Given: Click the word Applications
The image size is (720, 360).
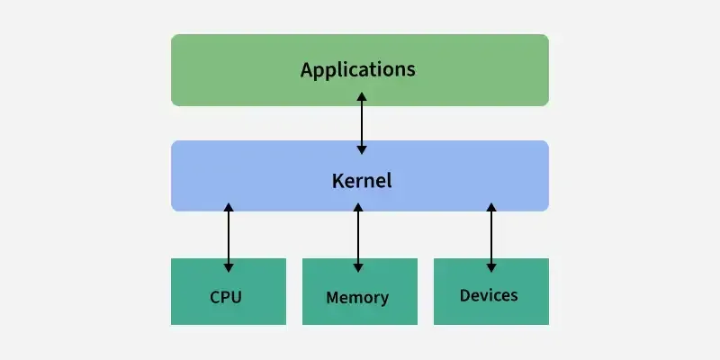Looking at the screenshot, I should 358,69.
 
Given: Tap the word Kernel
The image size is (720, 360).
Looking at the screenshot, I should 361,180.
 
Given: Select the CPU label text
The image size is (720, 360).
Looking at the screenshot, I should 226,297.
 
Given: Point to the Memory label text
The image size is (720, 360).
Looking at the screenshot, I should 357,297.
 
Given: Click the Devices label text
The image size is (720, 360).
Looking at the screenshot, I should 489,295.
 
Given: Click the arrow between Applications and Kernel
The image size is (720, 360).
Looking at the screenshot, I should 362,121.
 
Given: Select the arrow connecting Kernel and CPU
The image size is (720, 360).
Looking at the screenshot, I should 229,238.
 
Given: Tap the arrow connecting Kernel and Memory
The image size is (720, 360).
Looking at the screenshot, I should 358,238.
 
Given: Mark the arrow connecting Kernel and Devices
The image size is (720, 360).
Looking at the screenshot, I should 490,238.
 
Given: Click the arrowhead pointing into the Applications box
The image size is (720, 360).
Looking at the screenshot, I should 362,95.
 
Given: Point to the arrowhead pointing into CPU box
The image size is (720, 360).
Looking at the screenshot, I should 229,267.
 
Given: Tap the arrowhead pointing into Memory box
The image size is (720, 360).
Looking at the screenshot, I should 358,267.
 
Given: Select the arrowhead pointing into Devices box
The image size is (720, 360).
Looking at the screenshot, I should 490,267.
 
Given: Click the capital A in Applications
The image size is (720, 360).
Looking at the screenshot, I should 307,69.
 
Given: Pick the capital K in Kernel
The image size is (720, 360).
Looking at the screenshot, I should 336,180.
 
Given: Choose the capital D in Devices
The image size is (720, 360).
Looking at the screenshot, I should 464,295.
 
